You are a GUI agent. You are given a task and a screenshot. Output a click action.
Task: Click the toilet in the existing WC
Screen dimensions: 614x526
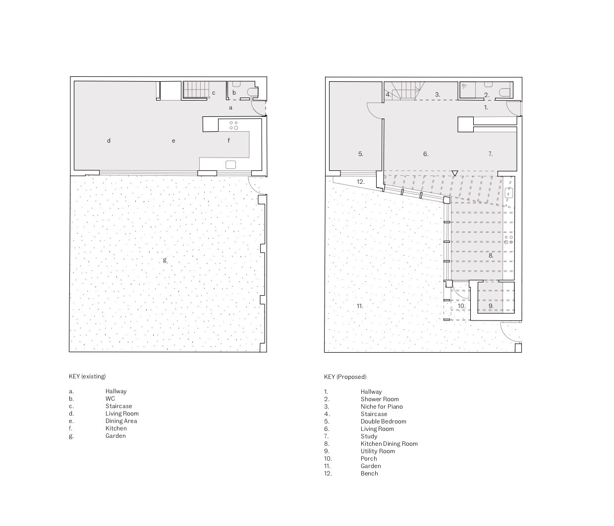coord(254,92)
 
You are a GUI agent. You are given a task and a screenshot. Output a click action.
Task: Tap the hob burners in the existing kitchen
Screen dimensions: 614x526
coord(233,125)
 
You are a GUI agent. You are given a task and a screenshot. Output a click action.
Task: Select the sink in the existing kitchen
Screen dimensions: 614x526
coord(230,164)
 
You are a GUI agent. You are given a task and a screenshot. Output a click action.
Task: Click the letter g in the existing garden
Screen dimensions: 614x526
coord(165,261)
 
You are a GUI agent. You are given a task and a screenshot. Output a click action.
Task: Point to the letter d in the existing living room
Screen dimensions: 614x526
coord(109,140)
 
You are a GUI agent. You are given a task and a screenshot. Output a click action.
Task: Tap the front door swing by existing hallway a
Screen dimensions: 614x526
coord(257,108)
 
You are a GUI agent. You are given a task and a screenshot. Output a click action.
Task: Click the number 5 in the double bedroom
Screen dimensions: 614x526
coord(360,154)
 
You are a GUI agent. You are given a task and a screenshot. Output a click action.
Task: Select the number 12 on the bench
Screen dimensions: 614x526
coord(360,182)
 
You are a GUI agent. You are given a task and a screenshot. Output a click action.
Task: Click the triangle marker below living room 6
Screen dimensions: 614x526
coord(454,173)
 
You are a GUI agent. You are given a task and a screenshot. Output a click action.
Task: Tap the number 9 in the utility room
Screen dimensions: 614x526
coord(491,306)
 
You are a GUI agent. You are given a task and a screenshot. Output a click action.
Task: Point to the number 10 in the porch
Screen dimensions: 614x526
coord(461,306)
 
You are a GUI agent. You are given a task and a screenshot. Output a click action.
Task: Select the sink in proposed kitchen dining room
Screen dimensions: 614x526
coord(509,193)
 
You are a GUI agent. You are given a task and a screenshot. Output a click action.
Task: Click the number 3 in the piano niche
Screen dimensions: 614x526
coord(437,95)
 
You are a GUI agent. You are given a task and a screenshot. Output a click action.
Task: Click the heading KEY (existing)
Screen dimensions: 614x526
coord(87,376)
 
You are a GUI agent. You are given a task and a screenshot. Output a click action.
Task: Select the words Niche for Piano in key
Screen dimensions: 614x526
coord(382,407)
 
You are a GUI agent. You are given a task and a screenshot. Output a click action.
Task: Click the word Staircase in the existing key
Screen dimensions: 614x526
coord(118,406)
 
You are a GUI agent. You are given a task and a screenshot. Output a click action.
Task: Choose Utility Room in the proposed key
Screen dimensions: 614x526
coord(378,451)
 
